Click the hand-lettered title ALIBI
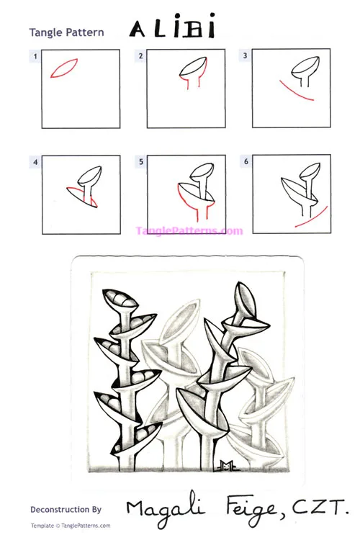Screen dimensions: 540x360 [172, 29]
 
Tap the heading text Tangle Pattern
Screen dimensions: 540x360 [66, 32]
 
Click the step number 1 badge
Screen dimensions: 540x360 [34, 55]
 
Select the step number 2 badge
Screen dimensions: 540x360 [140, 55]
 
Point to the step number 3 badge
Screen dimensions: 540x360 [246, 55]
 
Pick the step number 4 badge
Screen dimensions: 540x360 [34, 163]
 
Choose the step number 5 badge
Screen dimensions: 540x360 [140, 163]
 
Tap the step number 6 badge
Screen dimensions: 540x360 [246, 163]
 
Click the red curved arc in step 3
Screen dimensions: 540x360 [295, 94]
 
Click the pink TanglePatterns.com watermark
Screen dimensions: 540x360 [189, 231]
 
